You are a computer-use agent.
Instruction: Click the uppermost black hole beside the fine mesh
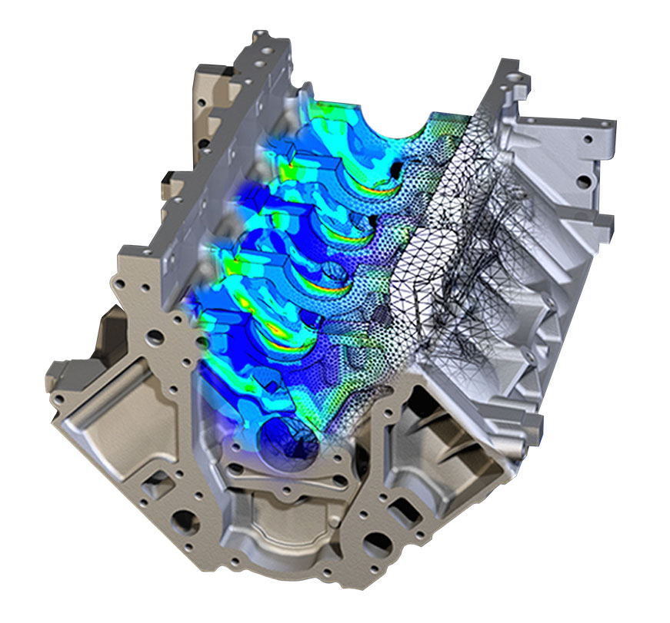pos(395,167)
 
